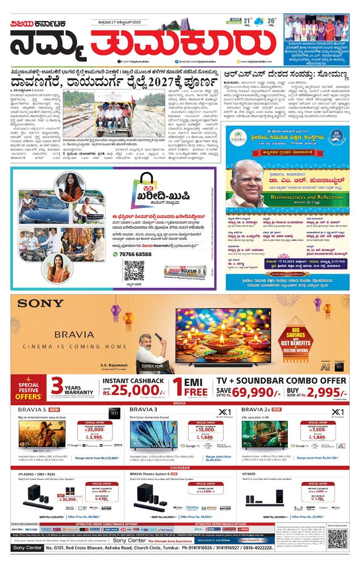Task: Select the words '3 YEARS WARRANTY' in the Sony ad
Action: click(x=72, y=387)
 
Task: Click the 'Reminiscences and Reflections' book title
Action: click(x=292, y=194)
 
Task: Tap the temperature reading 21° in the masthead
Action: click(x=248, y=22)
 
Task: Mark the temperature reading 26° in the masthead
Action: click(x=272, y=22)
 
